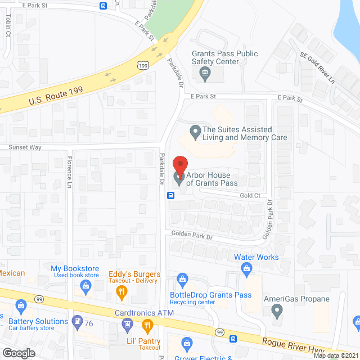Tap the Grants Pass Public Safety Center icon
[x=205, y=71]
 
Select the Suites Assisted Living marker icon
[x=195, y=133]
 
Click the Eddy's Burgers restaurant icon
[x=121, y=291]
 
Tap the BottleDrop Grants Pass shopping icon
[x=182, y=278]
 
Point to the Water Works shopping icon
[x=246, y=269]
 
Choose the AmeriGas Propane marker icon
[x=276, y=310]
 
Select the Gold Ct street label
[x=250, y=195]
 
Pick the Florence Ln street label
[x=70, y=172]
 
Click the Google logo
[x=19, y=353]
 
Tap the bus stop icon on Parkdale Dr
[x=170, y=196]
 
